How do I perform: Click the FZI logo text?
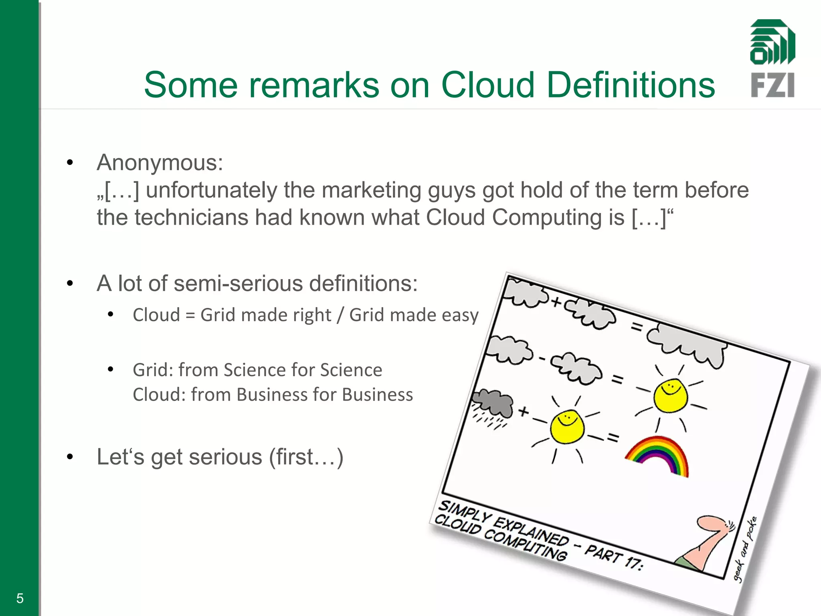point(772,85)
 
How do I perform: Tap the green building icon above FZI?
point(772,42)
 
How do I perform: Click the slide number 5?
point(20,598)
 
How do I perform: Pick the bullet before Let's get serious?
point(70,457)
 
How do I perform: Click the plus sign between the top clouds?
point(556,302)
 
